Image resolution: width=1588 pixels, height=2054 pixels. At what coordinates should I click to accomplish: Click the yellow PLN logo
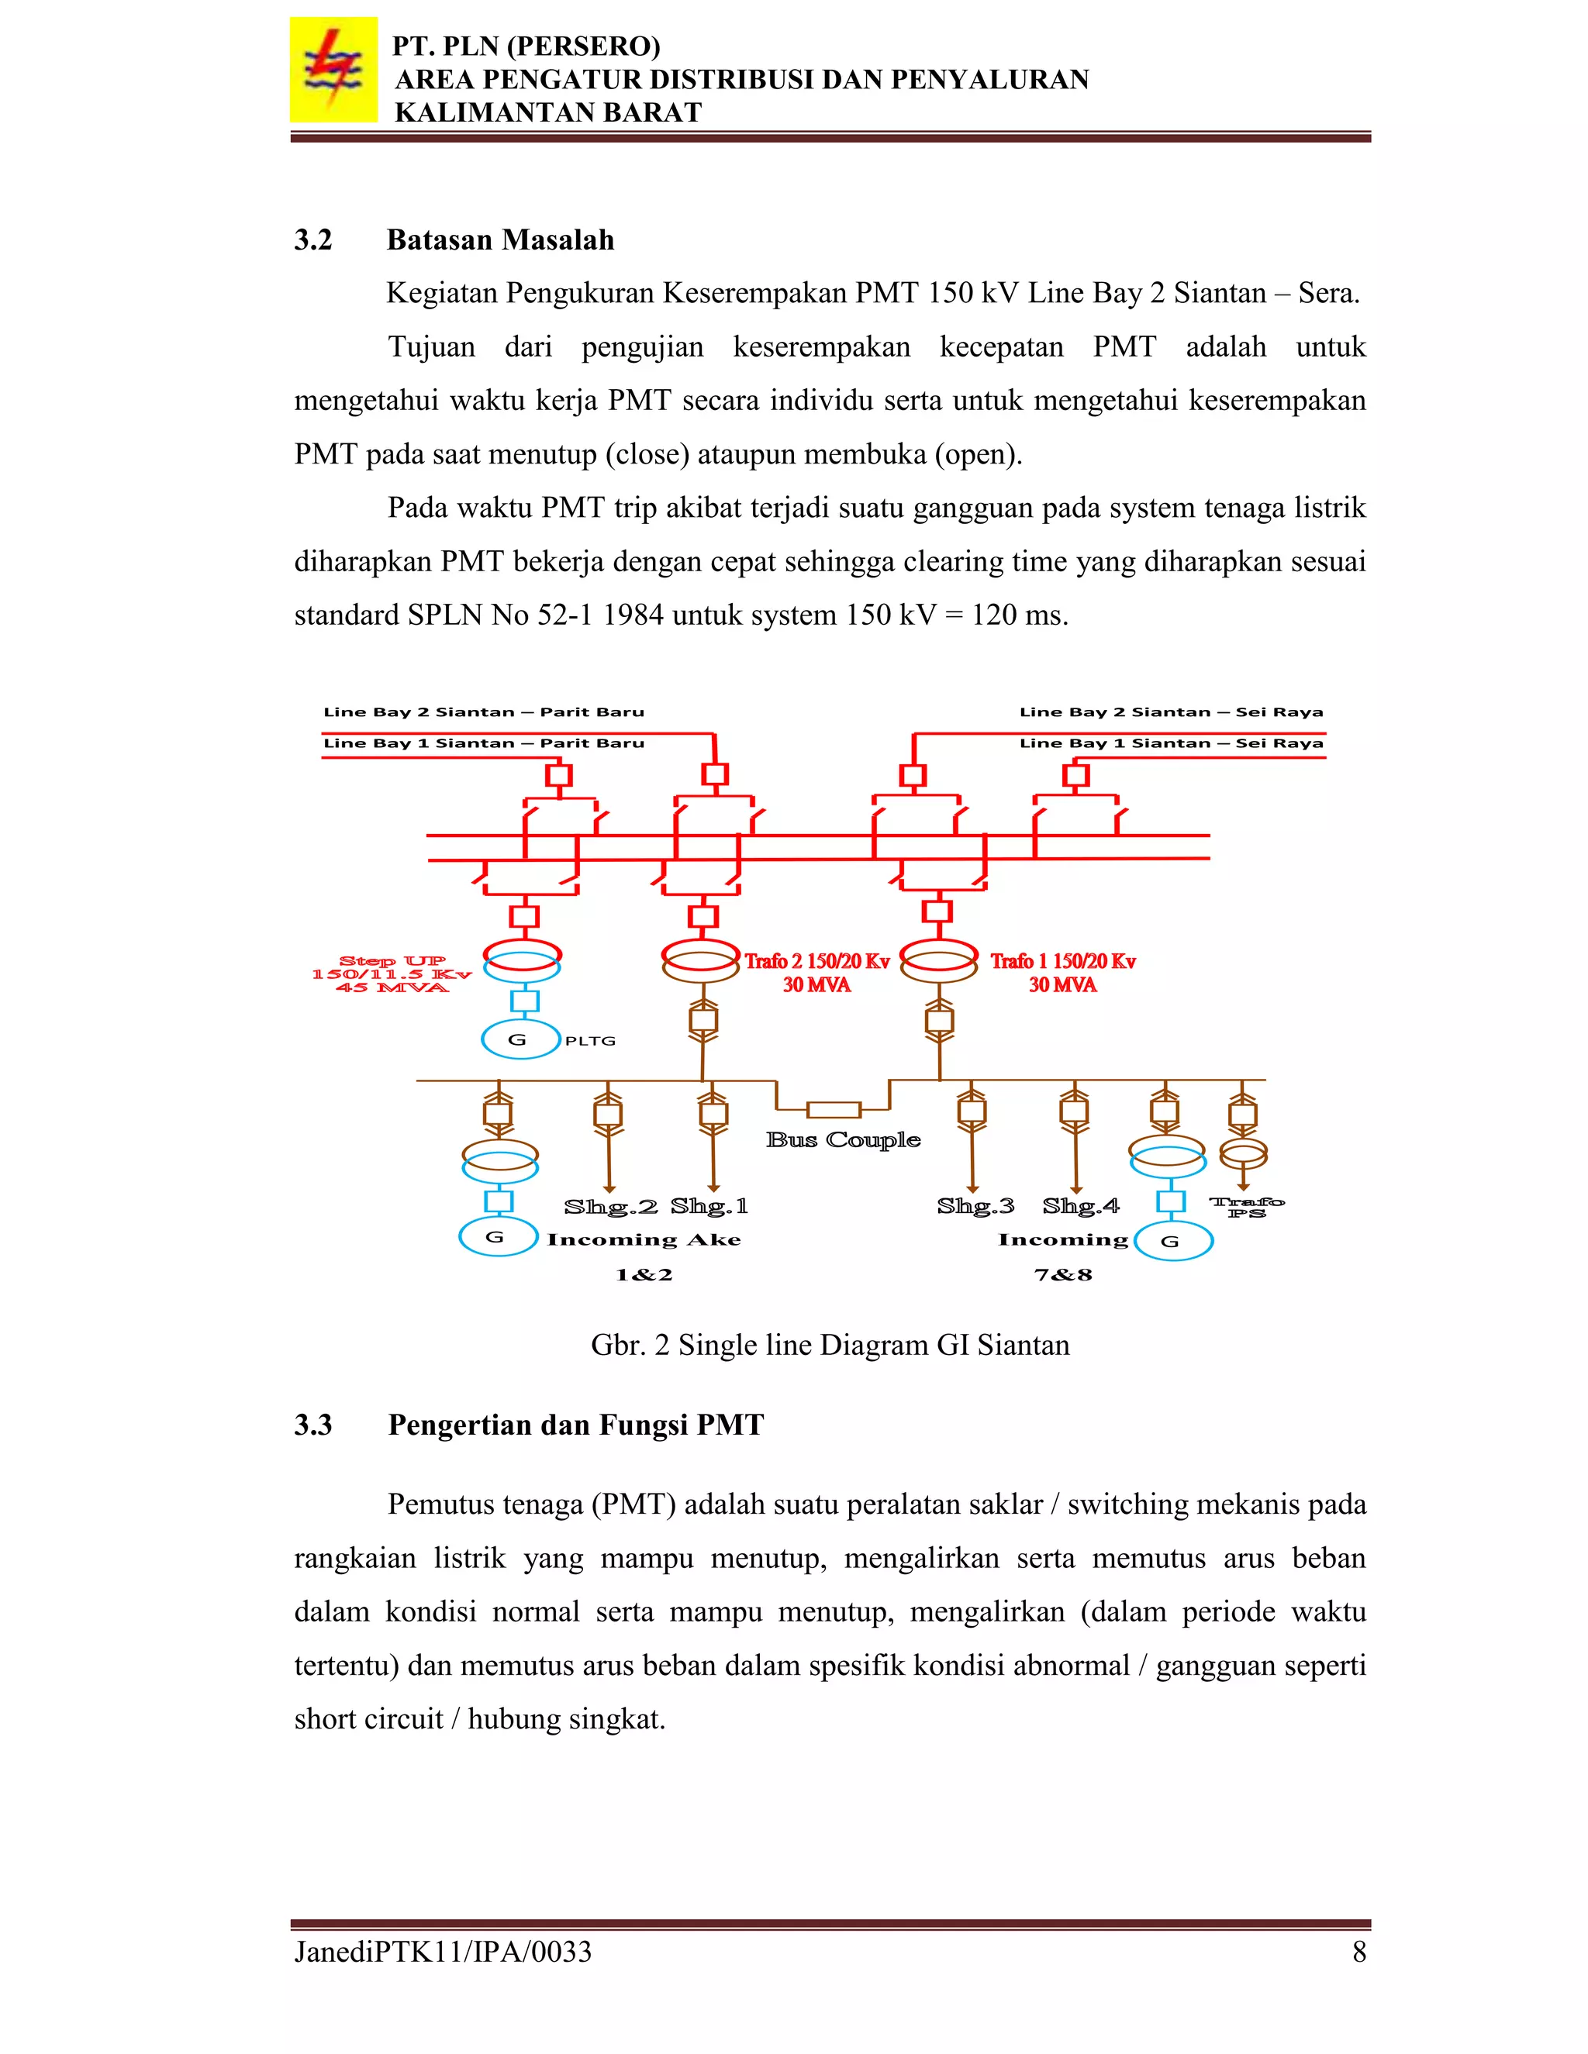tap(333, 71)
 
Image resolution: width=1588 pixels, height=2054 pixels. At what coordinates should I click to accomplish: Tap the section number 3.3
tap(313, 1424)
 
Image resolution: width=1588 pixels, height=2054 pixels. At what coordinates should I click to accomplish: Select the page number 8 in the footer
tap(1358, 1952)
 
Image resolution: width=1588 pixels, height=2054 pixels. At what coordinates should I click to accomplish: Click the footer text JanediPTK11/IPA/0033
tap(443, 1952)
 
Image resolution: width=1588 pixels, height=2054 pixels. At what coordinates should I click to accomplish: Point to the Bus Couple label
tap(842, 1140)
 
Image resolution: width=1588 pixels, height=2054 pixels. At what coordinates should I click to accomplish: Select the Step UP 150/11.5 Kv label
tap(392, 974)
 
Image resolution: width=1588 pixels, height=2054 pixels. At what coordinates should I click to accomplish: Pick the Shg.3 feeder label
tap(975, 1206)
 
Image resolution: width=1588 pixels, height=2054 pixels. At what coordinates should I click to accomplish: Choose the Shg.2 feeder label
tap(609, 1207)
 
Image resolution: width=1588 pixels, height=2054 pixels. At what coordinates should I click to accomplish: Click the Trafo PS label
tap(1247, 1207)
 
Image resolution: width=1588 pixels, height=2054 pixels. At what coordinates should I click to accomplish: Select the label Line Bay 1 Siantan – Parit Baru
tap(484, 743)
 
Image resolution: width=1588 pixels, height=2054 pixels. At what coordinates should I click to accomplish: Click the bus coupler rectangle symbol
tap(834, 1110)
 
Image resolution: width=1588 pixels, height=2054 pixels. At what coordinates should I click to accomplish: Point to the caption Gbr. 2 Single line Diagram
tap(830, 1345)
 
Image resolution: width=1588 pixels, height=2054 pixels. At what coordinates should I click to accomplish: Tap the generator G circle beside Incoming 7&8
tap(1173, 1242)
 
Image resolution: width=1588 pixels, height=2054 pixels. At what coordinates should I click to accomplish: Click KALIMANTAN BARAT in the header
tap(547, 112)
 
